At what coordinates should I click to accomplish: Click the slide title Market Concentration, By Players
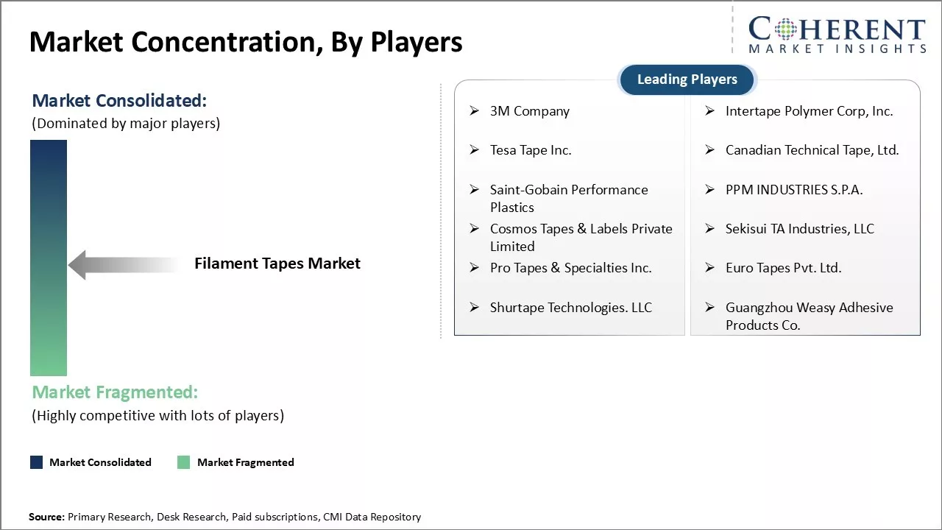(x=246, y=43)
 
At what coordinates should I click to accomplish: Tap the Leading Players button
(x=687, y=79)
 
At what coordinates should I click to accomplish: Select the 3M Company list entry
(x=529, y=111)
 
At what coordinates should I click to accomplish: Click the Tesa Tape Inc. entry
(x=530, y=150)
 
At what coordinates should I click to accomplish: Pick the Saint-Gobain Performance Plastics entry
(x=568, y=198)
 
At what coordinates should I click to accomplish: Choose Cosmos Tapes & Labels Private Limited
(x=581, y=237)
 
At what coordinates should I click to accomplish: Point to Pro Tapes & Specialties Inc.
(x=570, y=268)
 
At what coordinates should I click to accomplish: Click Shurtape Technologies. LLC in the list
(x=570, y=308)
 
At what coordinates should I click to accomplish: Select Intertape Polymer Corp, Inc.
(x=809, y=111)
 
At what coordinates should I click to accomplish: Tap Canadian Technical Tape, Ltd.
(x=812, y=150)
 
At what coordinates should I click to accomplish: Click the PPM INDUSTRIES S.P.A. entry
(x=793, y=190)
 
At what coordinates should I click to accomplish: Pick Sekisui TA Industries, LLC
(x=799, y=229)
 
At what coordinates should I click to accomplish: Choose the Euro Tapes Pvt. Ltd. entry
(x=783, y=268)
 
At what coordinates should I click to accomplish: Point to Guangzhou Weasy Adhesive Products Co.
(x=809, y=316)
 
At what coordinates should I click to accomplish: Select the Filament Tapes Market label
(x=277, y=264)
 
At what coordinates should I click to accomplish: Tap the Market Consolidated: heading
(x=119, y=101)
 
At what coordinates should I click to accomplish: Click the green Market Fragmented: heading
(x=115, y=392)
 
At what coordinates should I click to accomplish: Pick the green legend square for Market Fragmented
(x=183, y=462)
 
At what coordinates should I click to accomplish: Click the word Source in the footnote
(x=46, y=517)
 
